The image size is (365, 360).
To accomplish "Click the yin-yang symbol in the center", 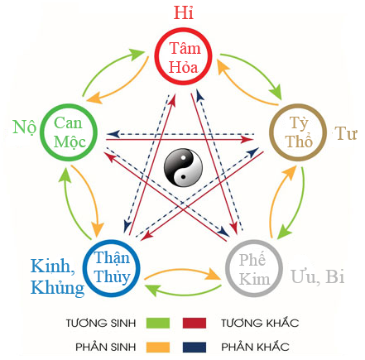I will (x=183, y=168).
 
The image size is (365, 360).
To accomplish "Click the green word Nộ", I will (x=23, y=127).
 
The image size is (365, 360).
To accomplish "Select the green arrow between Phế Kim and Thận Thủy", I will (x=183, y=290).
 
